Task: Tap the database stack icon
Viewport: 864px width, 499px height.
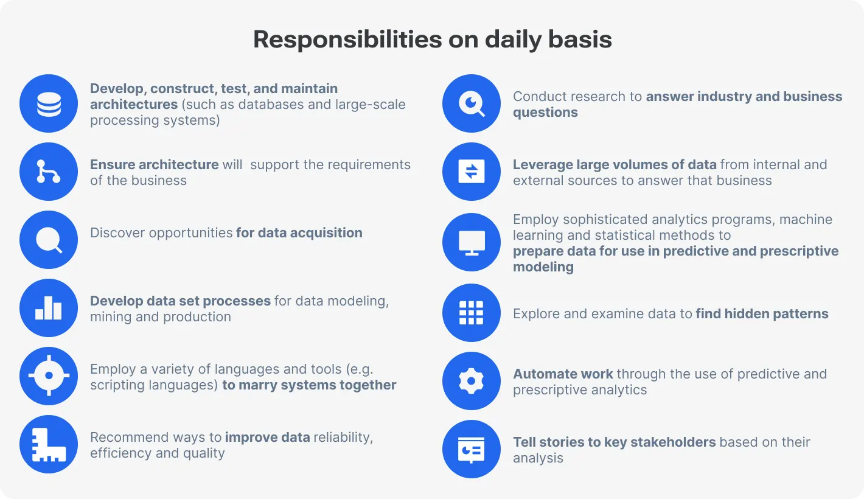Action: [x=49, y=104]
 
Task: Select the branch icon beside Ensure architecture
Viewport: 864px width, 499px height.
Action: [x=49, y=172]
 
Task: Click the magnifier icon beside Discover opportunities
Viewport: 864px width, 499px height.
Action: [x=49, y=240]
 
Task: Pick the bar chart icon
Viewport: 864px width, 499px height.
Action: [x=49, y=309]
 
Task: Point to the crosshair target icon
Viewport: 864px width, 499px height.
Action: [x=49, y=377]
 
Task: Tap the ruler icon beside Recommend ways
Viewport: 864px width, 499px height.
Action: [x=49, y=445]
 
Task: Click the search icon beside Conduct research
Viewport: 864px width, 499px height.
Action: [x=472, y=104]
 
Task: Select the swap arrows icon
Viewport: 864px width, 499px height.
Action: [x=472, y=172]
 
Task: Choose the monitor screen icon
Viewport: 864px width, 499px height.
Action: [x=472, y=243]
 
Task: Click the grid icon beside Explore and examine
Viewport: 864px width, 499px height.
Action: [x=472, y=313]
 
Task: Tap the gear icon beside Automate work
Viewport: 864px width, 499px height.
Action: [x=472, y=382]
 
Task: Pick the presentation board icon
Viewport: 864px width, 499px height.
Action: [x=472, y=450]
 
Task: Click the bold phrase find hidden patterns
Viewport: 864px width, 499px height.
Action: [x=762, y=314]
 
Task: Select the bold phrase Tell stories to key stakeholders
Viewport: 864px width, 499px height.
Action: [x=614, y=442]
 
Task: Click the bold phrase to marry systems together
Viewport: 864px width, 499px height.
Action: [x=309, y=385]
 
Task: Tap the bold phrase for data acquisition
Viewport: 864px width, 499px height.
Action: [x=299, y=233]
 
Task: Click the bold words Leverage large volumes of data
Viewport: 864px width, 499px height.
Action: [x=614, y=164]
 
